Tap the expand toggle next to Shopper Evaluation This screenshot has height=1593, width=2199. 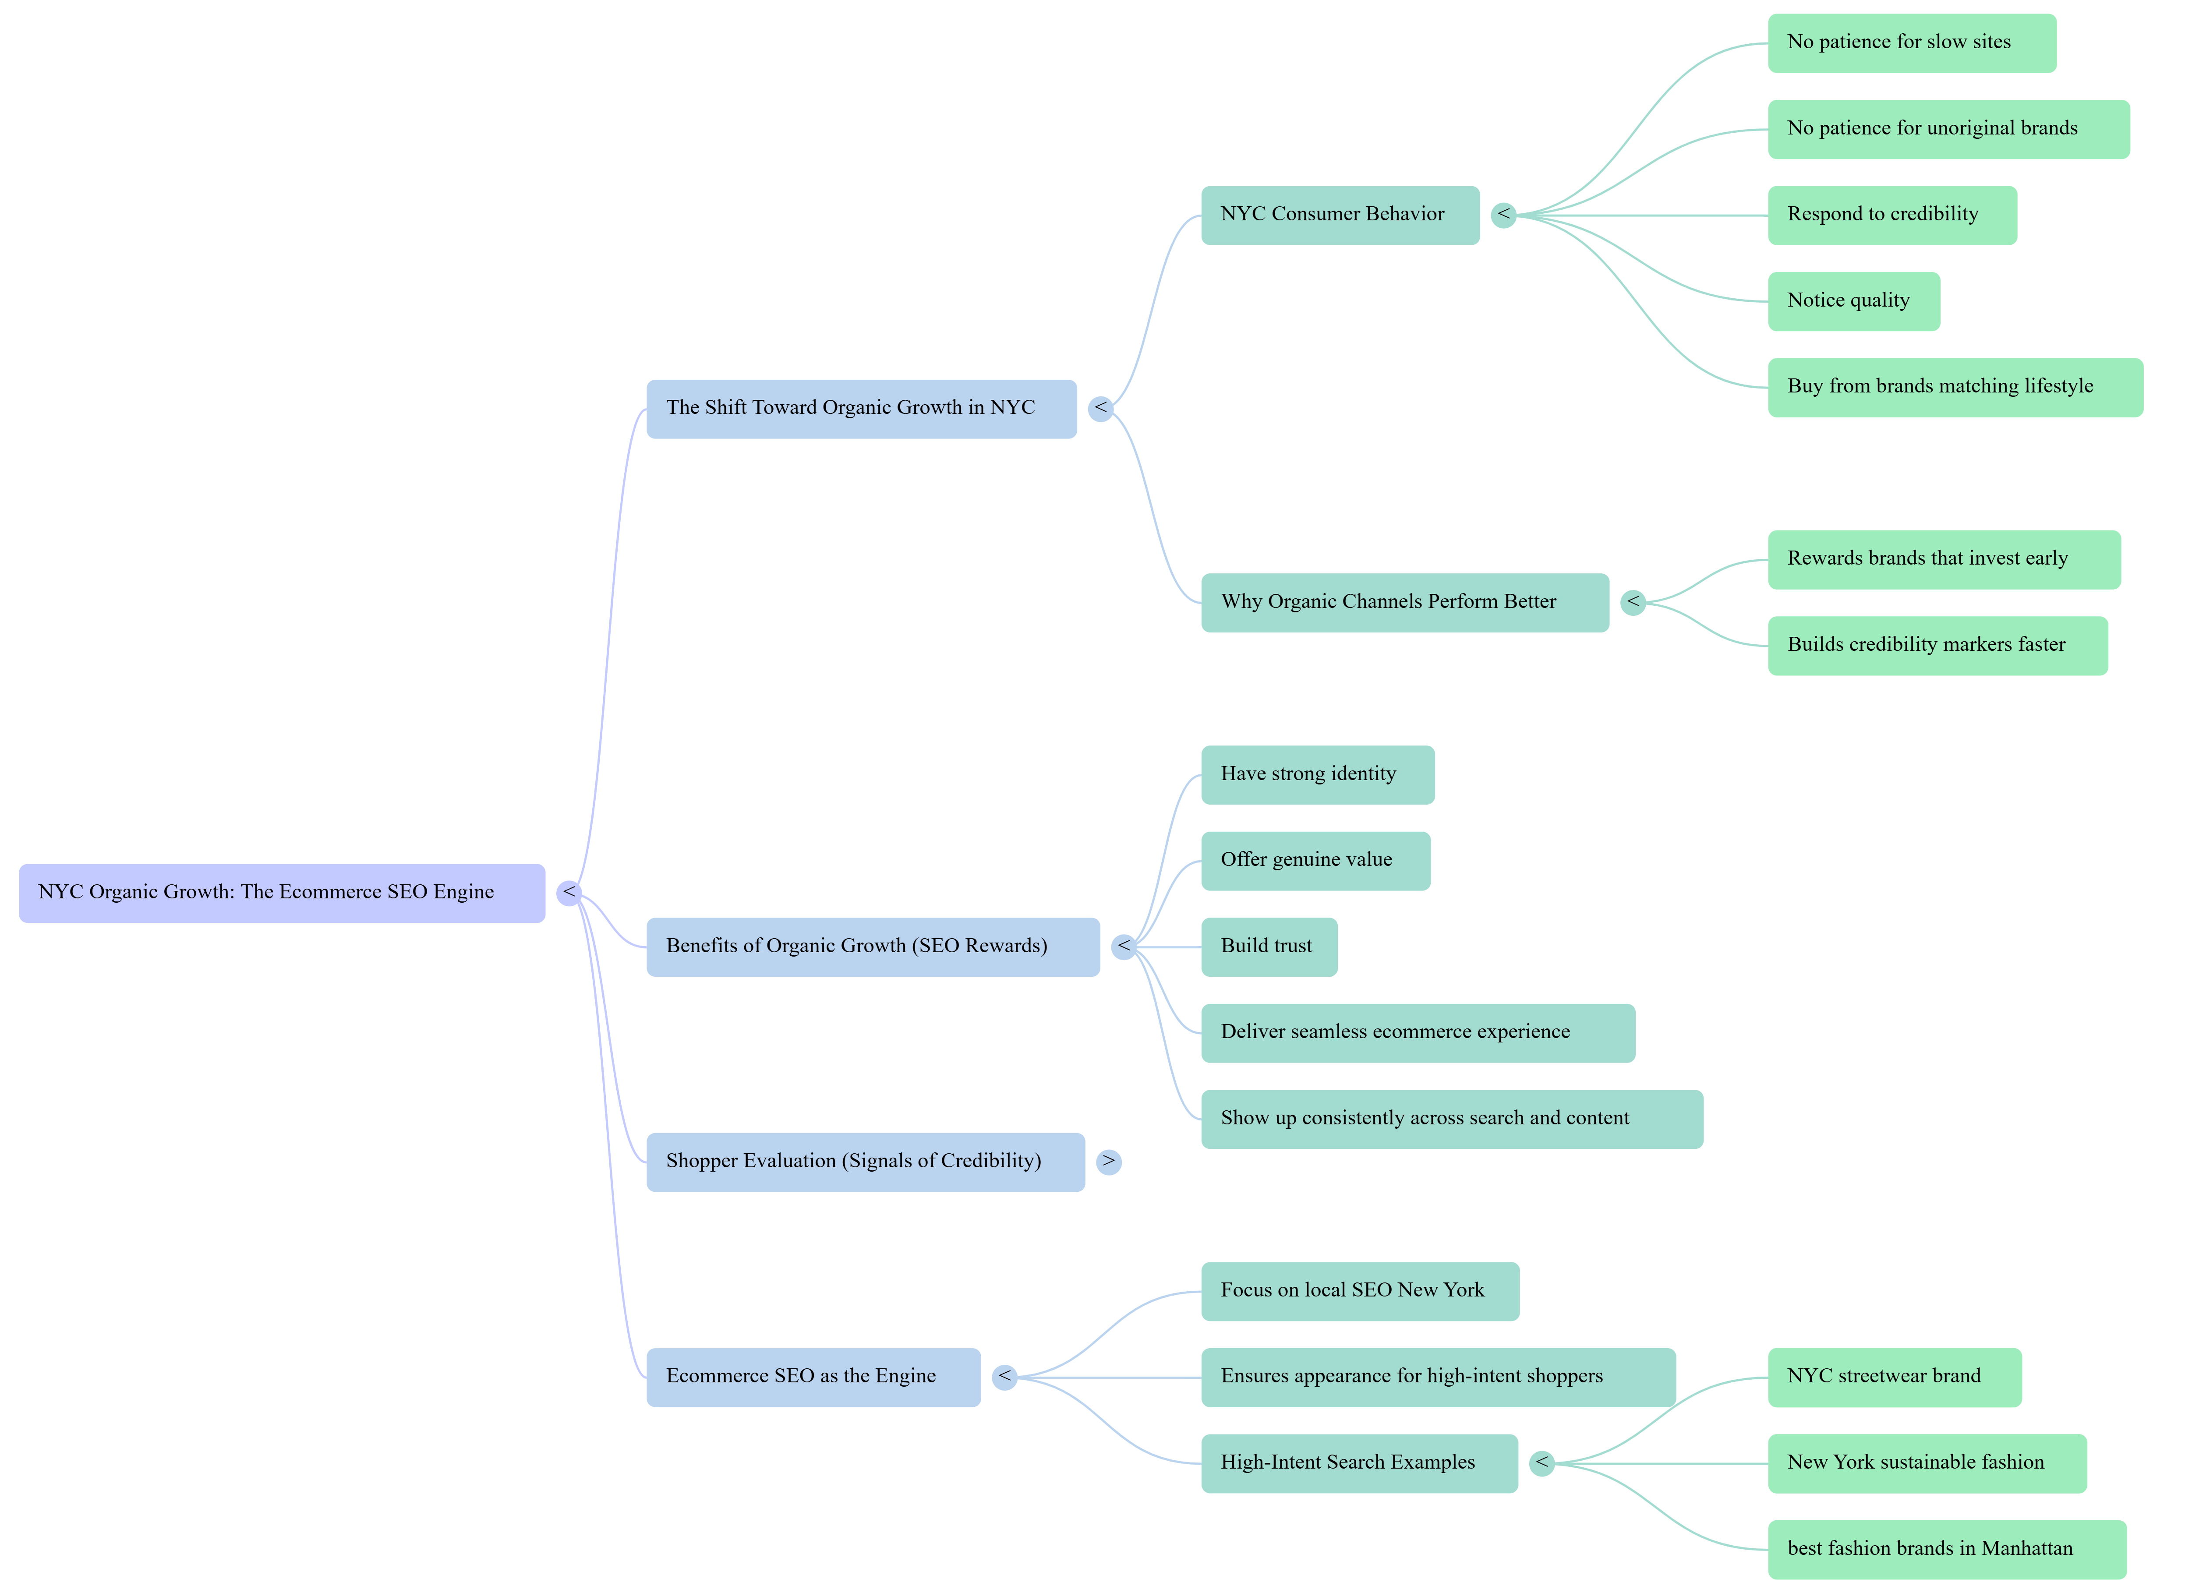tap(1108, 1162)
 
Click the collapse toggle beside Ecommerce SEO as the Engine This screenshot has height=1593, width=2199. tap(1004, 1377)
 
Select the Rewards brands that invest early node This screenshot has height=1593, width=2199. tap(1943, 559)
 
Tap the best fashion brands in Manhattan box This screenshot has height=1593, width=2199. tap(1946, 1549)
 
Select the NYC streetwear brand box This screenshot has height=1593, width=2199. tap(1894, 1377)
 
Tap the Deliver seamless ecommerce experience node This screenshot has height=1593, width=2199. tap(1418, 1033)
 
